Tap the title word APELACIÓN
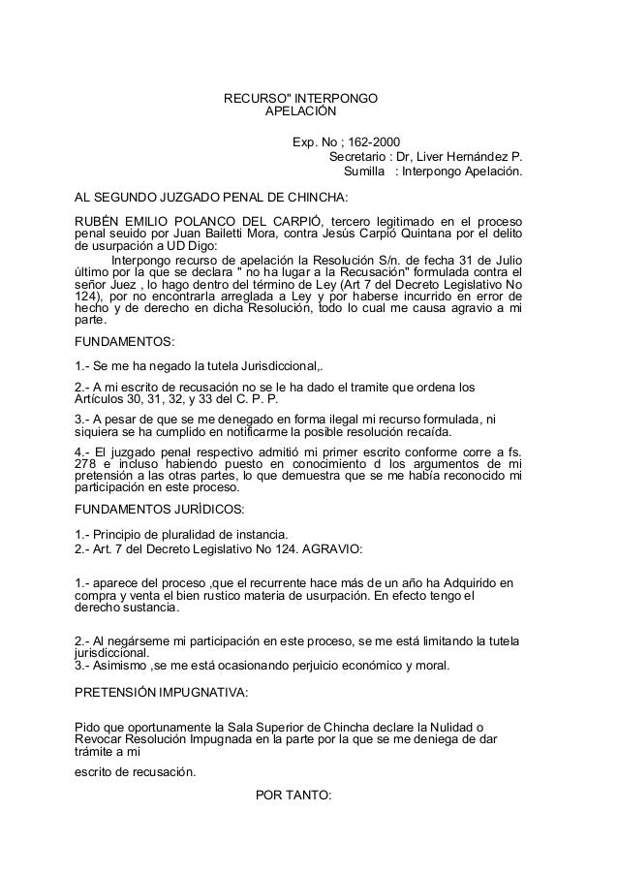coord(300,112)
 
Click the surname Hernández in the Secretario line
coord(473,157)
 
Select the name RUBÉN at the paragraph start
coord(97,220)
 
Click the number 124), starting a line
coord(90,300)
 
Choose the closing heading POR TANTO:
coord(292,796)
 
